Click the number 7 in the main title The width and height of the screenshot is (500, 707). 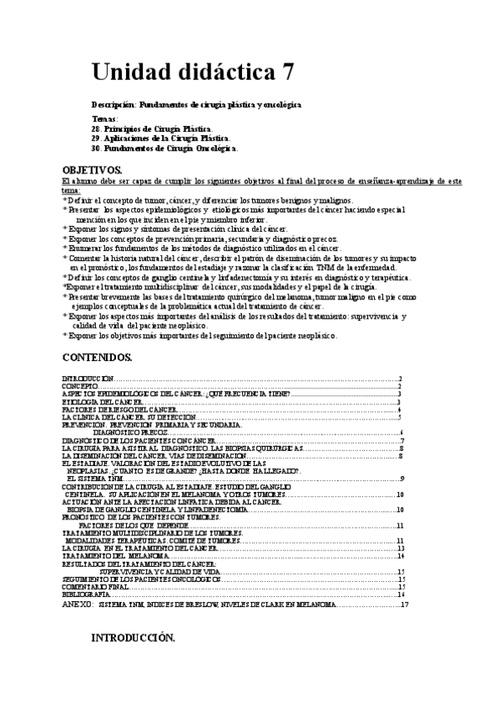tap(286, 72)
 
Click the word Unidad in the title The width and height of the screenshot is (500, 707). tap(132, 72)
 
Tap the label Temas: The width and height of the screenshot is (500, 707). tap(106, 120)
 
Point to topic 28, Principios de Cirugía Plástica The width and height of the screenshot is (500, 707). tap(152, 129)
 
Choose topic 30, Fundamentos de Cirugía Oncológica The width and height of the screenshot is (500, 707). tap(164, 148)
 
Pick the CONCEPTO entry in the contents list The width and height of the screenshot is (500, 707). tap(78, 387)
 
